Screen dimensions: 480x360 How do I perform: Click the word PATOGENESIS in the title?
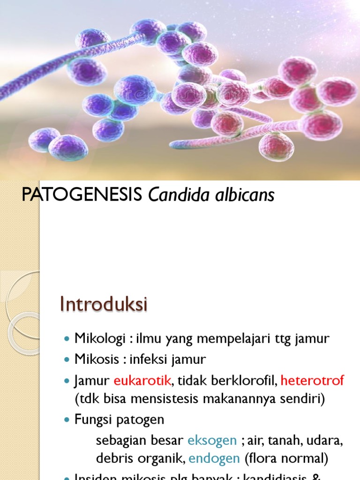pos(82,195)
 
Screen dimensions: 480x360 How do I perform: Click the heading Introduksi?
pos(104,304)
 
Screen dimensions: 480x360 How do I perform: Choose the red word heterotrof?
pos(312,381)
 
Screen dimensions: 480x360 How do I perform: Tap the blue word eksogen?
pos(212,440)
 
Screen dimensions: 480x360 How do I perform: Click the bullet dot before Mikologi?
pos(66,339)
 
